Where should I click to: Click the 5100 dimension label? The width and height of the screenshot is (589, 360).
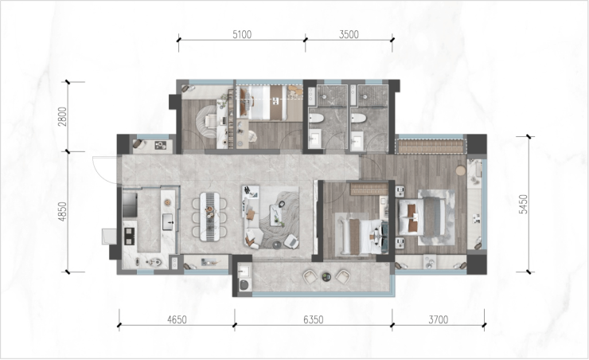tap(242, 34)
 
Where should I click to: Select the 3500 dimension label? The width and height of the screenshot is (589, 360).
tap(349, 34)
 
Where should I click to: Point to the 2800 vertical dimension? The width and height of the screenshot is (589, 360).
tap(62, 117)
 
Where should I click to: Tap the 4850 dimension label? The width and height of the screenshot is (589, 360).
tap(62, 212)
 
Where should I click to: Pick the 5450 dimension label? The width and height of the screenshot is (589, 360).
tap(523, 205)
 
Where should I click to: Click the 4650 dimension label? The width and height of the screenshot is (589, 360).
tap(177, 320)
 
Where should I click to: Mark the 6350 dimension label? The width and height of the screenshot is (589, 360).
tap(314, 320)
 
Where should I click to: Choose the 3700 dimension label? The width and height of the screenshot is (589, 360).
tap(439, 320)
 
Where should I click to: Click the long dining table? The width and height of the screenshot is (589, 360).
tap(209, 217)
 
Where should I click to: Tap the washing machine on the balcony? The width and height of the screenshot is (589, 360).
tap(244, 284)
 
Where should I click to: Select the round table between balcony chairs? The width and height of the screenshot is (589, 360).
tap(326, 277)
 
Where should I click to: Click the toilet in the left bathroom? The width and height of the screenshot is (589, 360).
tap(316, 119)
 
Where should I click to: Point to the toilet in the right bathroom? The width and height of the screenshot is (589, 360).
tap(359, 119)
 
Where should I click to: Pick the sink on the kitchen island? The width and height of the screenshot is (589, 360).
tap(167, 221)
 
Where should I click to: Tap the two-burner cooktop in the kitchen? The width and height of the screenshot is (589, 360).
tap(129, 237)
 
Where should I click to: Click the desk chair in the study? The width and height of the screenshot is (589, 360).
tap(210, 120)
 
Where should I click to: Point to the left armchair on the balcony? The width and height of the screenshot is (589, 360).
tap(310, 277)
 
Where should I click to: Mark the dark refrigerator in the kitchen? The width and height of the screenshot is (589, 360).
tap(130, 205)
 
